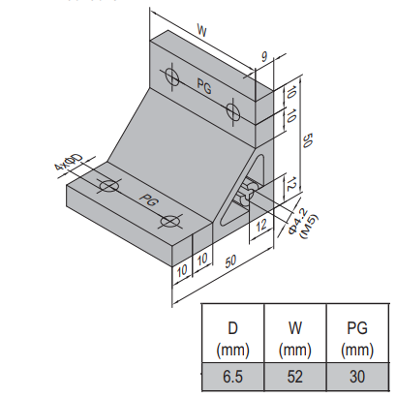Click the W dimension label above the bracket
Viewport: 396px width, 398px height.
(201, 31)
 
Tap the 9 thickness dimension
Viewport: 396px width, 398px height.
(264, 57)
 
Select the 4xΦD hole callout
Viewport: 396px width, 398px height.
(69, 163)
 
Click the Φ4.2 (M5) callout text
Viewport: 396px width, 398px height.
(303, 224)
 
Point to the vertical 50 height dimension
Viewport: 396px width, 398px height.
(307, 140)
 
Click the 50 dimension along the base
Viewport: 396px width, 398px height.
(230, 261)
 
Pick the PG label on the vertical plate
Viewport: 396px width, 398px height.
(204, 86)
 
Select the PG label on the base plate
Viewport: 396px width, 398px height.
(149, 200)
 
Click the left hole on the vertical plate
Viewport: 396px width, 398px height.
(172, 77)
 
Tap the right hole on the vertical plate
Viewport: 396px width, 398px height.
(232, 110)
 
